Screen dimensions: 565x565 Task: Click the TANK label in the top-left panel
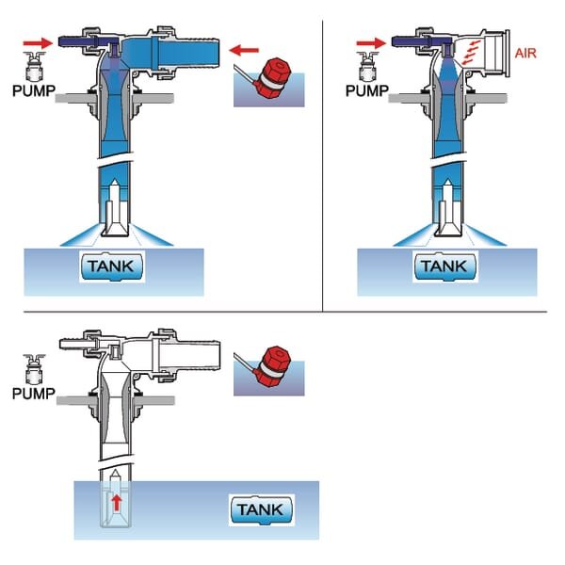pyautogui.click(x=114, y=266)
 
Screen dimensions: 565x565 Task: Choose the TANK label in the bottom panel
pyautogui.click(x=262, y=510)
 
